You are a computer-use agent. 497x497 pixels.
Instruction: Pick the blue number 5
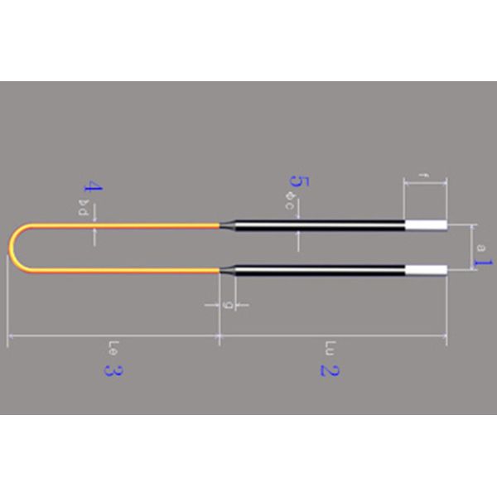pyautogui.click(x=298, y=181)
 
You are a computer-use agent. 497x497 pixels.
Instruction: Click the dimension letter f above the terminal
pyautogui.click(x=424, y=175)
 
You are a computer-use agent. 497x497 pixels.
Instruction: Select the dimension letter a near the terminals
pyautogui.click(x=480, y=246)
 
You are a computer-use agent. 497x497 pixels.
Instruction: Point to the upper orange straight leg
pyautogui.click(x=124, y=224)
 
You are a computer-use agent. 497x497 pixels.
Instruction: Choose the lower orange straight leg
pyautogui.click(x=124, y=270)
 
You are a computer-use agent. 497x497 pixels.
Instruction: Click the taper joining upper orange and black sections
pyautogui.click(x=224, y=224)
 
